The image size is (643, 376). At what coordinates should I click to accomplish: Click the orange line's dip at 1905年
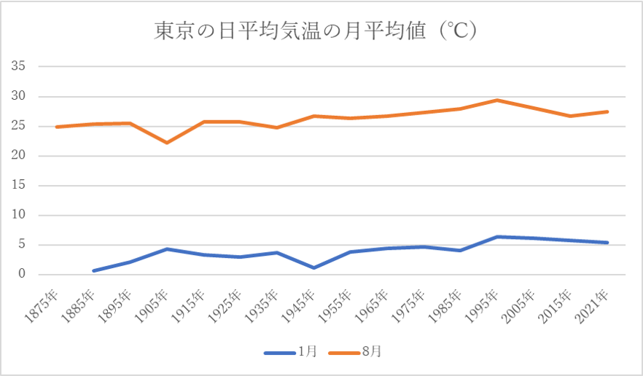(167, 143)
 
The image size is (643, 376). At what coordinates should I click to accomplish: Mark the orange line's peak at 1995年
(497, 100)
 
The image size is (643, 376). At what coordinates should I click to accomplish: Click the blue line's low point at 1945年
(313, 268)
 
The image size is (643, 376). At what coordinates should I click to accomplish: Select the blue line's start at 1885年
(93, 271)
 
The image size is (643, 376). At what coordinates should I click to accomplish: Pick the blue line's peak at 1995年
(497, 237)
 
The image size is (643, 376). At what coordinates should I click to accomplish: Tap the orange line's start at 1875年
(57, 127)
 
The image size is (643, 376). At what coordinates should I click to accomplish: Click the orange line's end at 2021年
(607, 111)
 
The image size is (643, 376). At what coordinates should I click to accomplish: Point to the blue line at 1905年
(167, 249)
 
